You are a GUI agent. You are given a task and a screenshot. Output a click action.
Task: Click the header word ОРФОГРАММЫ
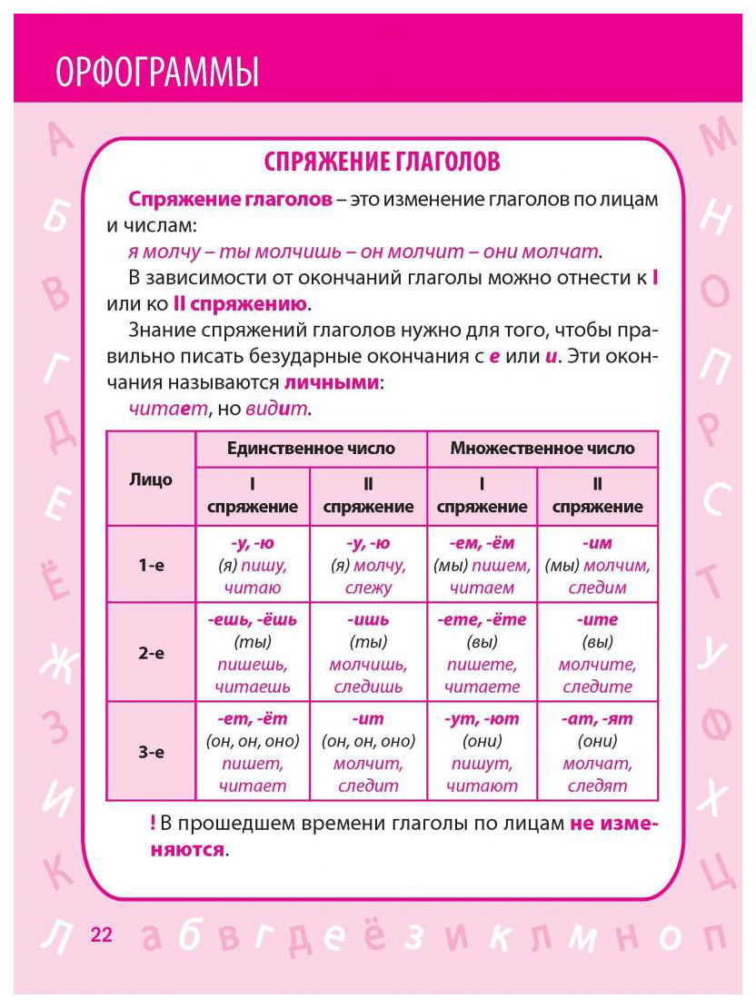pos(157,72)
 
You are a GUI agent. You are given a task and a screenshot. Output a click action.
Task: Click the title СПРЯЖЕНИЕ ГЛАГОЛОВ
pos(382,163)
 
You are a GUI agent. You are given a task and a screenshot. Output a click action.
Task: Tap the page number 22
pos(102,934)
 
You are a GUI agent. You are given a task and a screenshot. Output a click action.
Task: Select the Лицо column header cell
pos(151,479)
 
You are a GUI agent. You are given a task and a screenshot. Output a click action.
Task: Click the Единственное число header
pos(311,449)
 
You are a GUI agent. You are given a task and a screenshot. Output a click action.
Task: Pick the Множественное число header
pos(542,449)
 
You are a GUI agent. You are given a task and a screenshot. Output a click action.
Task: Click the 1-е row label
pos(151,565)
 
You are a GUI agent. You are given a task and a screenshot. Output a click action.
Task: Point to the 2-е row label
pos(151,653)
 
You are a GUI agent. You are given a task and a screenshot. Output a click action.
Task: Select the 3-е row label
pos(151,752)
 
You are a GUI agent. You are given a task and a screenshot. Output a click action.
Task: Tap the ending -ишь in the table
pos(367,620)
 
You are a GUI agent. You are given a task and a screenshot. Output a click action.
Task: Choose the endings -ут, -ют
pos(482,718)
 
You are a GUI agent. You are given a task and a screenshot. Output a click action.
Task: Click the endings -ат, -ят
pos(598,718)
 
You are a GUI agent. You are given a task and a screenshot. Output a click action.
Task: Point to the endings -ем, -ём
pos(482,543)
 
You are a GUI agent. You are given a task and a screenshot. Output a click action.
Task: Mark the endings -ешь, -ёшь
pos(253,620)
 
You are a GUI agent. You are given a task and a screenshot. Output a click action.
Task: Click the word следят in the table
pos(598,786)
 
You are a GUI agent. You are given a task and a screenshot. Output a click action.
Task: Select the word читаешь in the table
pos(253,687)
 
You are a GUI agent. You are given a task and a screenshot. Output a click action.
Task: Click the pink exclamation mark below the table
pos(152,825)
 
